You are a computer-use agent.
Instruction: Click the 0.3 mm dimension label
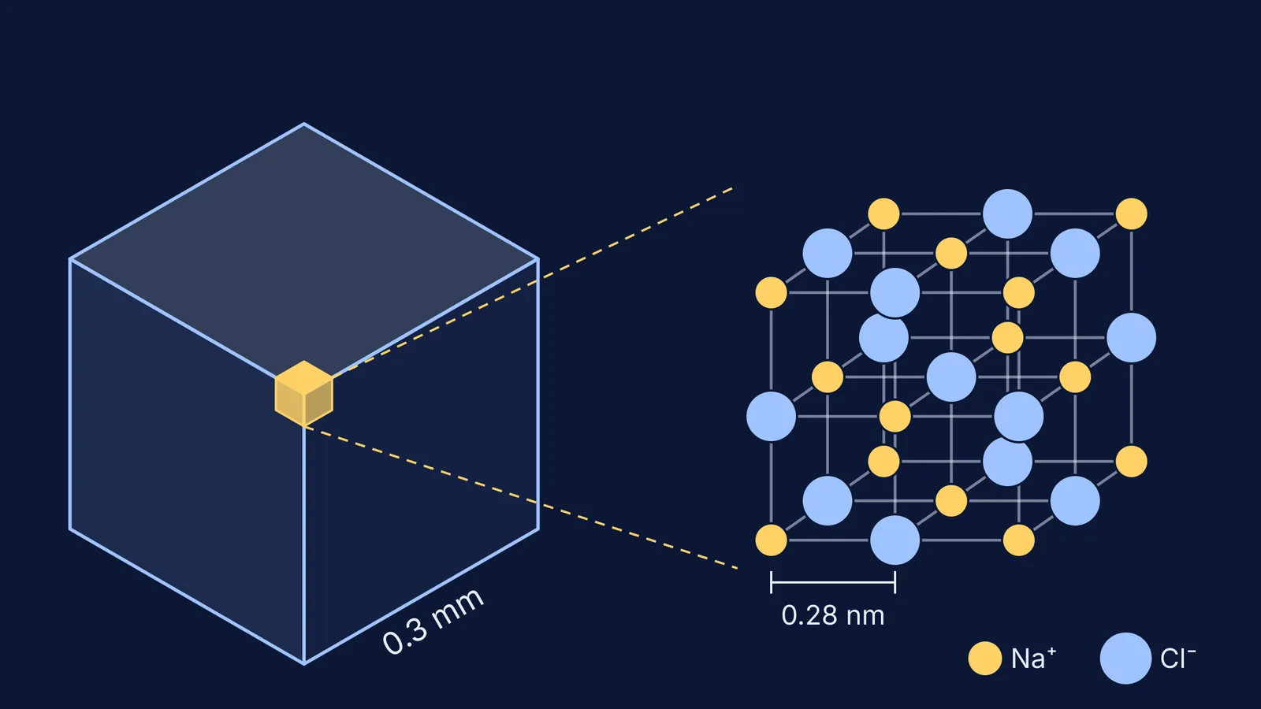(433, 622)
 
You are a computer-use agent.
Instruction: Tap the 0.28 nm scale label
(832, 615)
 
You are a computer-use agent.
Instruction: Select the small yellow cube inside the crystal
(304, 394)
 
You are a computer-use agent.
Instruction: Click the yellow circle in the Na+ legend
(984, 659)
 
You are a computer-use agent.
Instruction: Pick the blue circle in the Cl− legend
(1125, 659)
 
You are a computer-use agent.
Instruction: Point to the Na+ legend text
(1033, 658)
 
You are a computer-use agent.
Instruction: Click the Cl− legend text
(1177, 658)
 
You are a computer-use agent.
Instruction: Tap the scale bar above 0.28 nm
(833, 582)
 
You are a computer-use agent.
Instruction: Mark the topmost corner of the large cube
(304, 123)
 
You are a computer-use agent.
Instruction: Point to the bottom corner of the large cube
(304, 664)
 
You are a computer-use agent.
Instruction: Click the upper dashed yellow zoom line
(532, 280)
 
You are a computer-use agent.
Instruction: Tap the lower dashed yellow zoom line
(521, 498)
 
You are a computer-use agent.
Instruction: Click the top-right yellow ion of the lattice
(1131, 213)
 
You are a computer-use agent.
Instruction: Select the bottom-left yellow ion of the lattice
(771, 540)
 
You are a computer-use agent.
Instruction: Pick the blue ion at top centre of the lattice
(1007, 213)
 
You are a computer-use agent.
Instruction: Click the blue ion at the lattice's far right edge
(1131, 338)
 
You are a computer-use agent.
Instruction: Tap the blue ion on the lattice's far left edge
(771, 417)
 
